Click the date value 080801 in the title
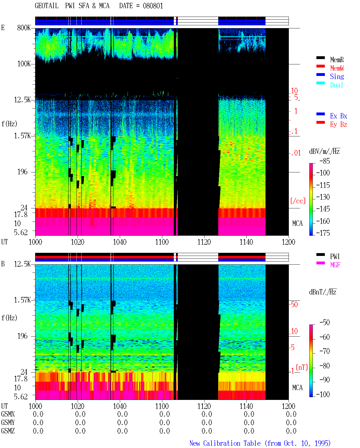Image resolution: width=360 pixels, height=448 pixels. (153, 6)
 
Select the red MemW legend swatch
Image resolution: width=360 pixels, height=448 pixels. (320, 66)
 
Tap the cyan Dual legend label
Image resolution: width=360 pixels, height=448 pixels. (336, 85)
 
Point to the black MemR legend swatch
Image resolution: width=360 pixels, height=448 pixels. (320, 58)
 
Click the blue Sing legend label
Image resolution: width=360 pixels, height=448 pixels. (337, 76)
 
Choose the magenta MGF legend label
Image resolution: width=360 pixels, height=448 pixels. (335, 265)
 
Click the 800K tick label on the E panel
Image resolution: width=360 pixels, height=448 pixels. (24, 28)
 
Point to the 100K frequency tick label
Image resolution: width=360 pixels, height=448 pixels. (24, 64)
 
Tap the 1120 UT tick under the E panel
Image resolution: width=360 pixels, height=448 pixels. (204, 242)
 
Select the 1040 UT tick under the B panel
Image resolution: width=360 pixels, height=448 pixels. (120, 406)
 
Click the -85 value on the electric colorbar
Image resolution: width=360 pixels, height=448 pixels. (325, 161)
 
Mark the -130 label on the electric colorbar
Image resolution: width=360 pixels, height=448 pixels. (323, 197)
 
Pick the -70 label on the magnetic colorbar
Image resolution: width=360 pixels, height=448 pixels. (325, 351)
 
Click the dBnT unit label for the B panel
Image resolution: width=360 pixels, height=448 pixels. (323, 292)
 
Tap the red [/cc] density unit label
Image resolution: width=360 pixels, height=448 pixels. (298, 201)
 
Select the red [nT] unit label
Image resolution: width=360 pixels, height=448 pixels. (302, 367)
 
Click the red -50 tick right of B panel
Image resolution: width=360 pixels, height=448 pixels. (294, 305)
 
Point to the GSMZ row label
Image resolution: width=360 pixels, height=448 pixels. (8, 431)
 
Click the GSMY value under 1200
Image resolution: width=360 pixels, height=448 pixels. (291, 423)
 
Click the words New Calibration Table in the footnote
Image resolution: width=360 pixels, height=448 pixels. (225, 444)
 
